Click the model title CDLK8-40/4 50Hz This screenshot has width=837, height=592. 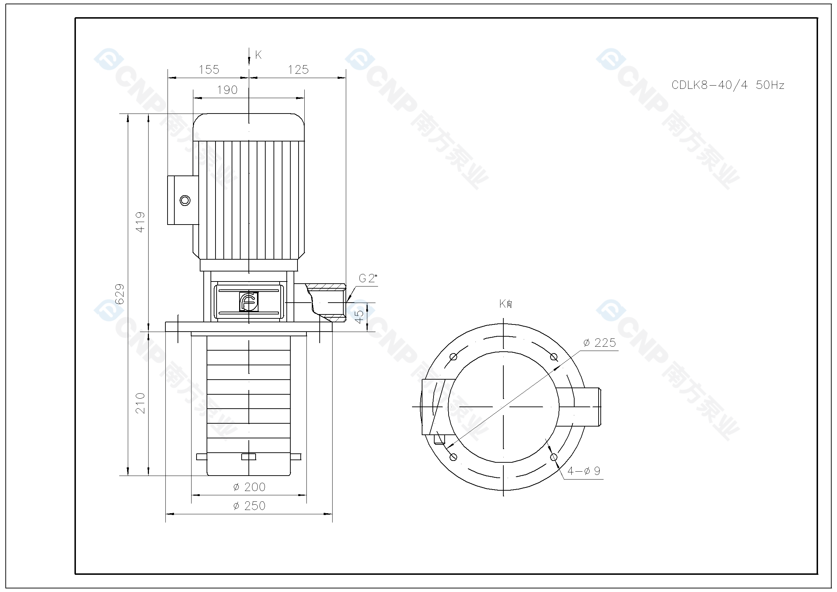(728, 85)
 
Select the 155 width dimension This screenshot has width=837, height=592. (209, 69)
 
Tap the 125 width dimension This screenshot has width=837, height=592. (298, 69)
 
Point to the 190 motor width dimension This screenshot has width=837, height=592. (227, 90)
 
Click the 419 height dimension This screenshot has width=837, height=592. (140, 222)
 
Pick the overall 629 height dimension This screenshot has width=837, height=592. (120, 294)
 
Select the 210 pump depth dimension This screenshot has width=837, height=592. (140, 403)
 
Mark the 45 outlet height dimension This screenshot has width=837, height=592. (359, 317)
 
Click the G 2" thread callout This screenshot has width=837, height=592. (367, 278)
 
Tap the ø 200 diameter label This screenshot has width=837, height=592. (250, 487)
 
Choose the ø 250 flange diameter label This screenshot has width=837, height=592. (250, 506)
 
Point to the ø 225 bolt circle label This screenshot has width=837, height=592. (599, 343)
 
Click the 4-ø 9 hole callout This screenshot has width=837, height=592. (584, 471)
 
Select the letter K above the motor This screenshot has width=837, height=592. (258, 55)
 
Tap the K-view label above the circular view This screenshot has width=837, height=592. (505, 303)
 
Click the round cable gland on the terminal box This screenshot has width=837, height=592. (185, 200)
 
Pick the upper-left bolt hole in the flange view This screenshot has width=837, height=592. (454, 357)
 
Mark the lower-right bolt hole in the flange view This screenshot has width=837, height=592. (554, 457)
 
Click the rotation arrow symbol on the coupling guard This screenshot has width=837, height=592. (249, 302)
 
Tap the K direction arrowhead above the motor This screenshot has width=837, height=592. (249, 62)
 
